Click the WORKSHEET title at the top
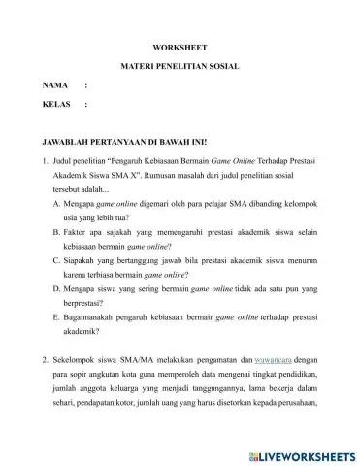(180, 46)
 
